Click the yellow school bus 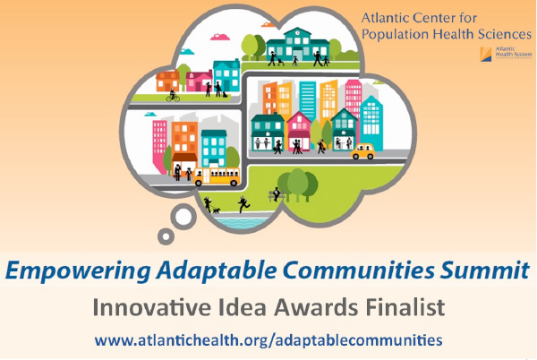point(217,176)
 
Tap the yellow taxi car point(362,151)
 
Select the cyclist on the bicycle point(173,95)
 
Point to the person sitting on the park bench point(276,194)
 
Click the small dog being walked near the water point(216,210)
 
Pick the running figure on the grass point(243,204)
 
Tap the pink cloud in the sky point(220,37)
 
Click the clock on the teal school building point(298,33)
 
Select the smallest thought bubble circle point(166,236)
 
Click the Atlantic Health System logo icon point(486,54)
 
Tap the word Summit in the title point(484,270)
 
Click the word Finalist point(405,307)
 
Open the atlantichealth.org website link point(268,340)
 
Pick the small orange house point(168,81)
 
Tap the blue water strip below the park point(243,222)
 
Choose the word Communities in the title point(359,270)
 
